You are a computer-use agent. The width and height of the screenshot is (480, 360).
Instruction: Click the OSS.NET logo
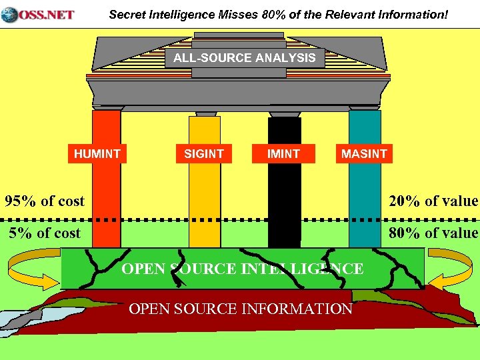click(x=38, y=14)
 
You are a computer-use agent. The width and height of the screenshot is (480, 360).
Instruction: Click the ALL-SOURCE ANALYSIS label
click(x=245, y=58)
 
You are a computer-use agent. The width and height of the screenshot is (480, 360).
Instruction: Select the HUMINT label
click(x=97, y=154)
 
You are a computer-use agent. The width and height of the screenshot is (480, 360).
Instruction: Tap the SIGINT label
click(x=204, y=154)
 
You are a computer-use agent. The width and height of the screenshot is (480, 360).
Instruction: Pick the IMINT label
click(x=283, y=154)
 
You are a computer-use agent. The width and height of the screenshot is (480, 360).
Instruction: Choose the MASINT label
click(x=364, y=154)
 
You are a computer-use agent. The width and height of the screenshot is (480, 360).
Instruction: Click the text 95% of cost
click(x=45, y=201)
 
